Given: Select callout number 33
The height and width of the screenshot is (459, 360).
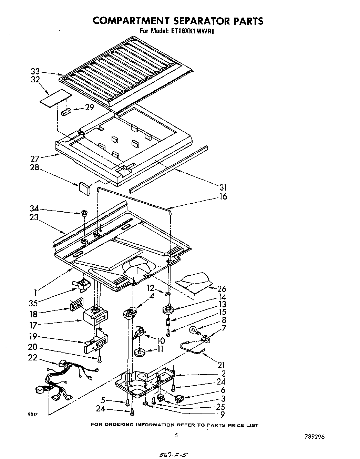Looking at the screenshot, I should pyautogui.click(x=35, y=72).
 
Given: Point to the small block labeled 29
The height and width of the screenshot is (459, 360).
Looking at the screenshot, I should pyautogui.click(x=66, y=112).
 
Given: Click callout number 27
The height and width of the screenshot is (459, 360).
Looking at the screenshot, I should pyautogui.click(x=35, y=159).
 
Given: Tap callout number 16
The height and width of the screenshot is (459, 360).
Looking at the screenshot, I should pyautogui.click(x=223, y=197).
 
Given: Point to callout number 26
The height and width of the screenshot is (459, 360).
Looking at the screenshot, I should pyautogui.click(x=222, y=289).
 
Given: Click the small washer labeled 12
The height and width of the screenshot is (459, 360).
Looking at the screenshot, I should pyautogui.click(x=167, y=294).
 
